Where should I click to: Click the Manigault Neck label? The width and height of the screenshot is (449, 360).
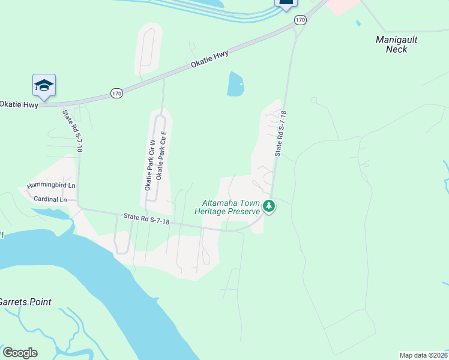coord(396,44)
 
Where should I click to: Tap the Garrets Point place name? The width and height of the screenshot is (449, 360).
coord(25,302)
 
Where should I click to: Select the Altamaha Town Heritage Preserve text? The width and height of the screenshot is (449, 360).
coord(227,207)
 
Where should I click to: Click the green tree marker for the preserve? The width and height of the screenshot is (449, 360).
coord(270,207)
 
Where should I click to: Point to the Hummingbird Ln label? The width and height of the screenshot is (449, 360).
coord(51,186)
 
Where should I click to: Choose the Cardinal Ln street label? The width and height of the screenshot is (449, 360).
coord(50,199)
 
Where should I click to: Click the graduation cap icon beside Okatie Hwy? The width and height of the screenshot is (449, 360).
coord(44,86)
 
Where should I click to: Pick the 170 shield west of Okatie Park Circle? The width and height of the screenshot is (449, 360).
coord(116,93)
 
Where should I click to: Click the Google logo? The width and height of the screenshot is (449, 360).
coord(20,353)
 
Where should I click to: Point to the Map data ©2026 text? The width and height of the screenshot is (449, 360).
coord(423,355)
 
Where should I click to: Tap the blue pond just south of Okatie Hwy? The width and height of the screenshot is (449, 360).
coord(235,84)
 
